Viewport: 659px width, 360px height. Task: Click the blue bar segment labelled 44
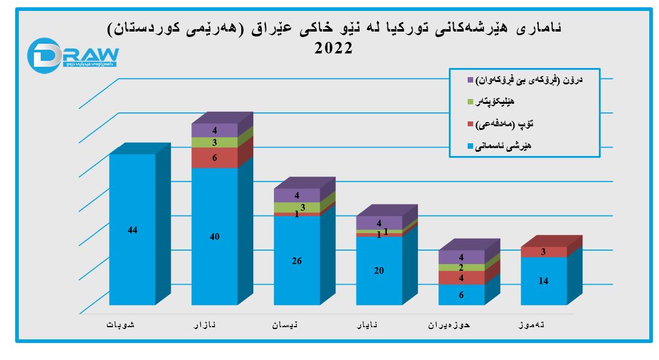pyautogui.click(x=132, y=229)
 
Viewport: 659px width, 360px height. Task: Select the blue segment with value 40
pyautogui.click(x=214, y=236)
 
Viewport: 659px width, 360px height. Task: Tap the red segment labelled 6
pyautogui.click(x=214, y=157)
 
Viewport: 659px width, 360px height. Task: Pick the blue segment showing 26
pyautogui.click(x=296, y=260)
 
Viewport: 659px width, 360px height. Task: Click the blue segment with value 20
pyautogui.click(x=378, y=271)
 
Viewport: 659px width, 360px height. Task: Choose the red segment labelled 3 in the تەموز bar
pyautogui.click(x=544, y=252)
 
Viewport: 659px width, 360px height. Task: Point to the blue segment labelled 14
pyautogui.click(x=544, y=280)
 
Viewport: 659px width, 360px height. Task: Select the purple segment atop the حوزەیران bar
pyautogui.click(x=461, y=257)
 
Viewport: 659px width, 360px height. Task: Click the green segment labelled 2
pyautogui.click(x=461, y=267)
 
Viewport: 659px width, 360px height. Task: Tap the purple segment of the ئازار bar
pyautogui.click(x=214, y=130)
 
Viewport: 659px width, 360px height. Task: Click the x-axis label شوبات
pyautogui.click(x=121, y=325)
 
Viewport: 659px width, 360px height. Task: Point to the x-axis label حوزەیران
pyautogui.click(x=452, y=325)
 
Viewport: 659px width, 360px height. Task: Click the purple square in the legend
pyautogui.click(x=469, y=80)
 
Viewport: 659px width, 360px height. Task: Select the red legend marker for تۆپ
pyautogui.click(x=469, y=124)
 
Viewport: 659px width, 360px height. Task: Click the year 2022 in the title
pyautogui.click(x=333, y=48)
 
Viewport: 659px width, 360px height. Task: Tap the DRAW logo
pyautogui.click(x=73, y=54)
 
